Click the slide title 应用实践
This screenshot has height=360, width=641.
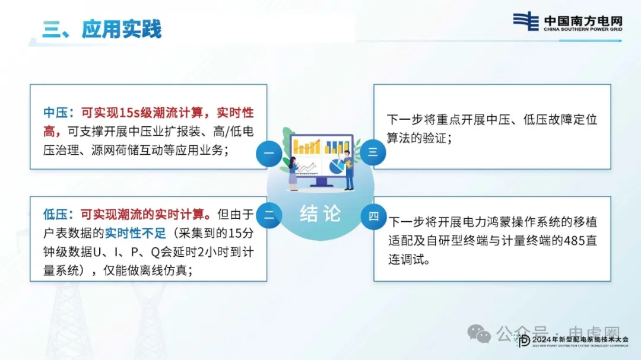[122, 29]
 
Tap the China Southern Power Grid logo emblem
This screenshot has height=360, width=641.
[526, 21]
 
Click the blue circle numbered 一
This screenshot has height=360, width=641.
[269, 154]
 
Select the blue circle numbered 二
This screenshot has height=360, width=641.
[269, 215]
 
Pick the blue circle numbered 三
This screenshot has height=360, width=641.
[373, 152]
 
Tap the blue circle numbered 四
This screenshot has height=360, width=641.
[374, 216]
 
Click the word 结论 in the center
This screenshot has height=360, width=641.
[320, 214]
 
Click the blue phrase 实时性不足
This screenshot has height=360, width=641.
[135, 233]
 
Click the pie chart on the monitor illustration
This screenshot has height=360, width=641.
[337, 166]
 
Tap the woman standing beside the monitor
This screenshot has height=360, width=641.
[293, 173]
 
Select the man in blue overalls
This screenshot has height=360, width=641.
[348, 170]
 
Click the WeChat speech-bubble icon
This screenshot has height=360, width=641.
[479, 334]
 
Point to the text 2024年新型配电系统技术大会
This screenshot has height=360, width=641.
[580, 340]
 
